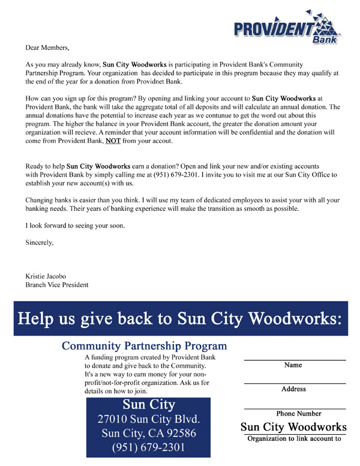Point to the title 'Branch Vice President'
coord(57,285)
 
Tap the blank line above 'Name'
coord(294,359)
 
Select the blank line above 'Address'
coord(294,383)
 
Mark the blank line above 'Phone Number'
coord(294,407)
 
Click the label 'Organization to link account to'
coord(294,438)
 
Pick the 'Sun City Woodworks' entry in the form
coord(294,427)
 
